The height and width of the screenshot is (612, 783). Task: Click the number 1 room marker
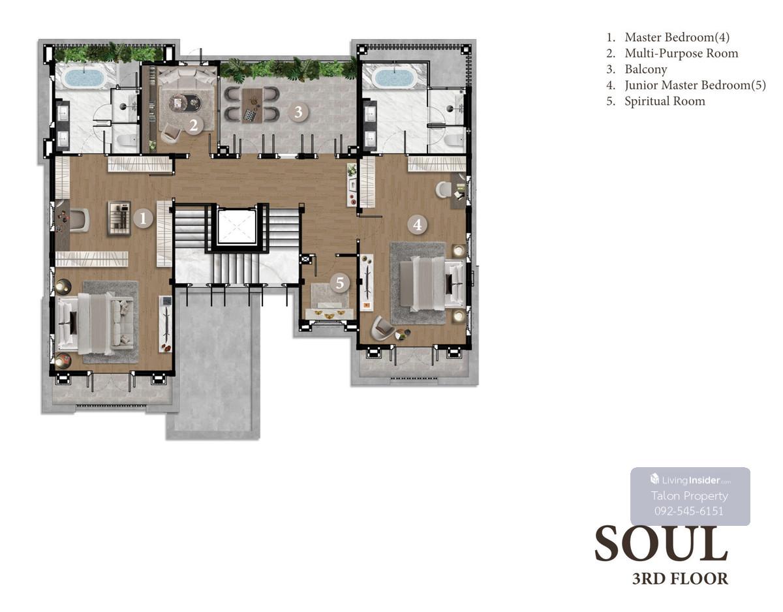point(143,219)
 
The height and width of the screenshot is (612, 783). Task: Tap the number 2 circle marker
point(194,125)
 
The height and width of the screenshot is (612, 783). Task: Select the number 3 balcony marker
point(298,112)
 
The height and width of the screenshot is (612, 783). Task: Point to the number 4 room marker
point(417,224)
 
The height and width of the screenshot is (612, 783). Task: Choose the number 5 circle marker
point(339,283)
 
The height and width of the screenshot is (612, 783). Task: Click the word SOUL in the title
point(661,544)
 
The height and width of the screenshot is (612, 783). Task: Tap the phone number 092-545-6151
point(689,511)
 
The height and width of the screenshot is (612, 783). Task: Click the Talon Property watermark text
point(690,496)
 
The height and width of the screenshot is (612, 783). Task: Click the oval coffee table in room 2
point(185,104)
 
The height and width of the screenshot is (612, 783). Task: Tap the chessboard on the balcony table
point(249,115)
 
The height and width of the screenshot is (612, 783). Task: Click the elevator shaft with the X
point(236,226)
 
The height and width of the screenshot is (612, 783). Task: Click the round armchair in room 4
point(383,328)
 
